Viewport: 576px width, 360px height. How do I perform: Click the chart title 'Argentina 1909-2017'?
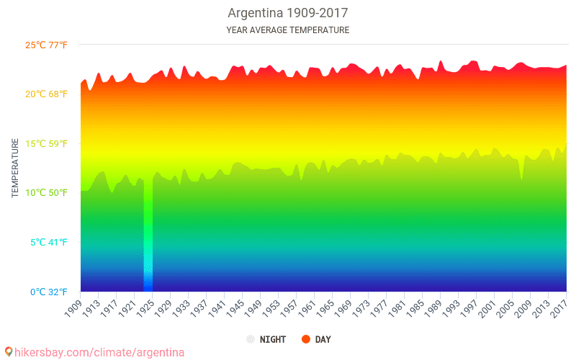(x=287, y=14)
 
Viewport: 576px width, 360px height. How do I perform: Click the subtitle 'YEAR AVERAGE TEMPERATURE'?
(x=287, y=30)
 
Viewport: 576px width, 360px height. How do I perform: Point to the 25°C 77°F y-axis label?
(x=47, y=45)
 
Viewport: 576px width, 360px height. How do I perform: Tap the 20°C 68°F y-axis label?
(x=47, y=94)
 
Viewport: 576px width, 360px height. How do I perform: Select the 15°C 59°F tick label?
(x=47, y=143)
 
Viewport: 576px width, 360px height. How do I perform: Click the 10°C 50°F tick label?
(x=47, y=193)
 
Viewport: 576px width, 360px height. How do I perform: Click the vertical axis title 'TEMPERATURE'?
(x=14, y=168)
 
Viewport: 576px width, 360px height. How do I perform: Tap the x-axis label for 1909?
(x=73, y=307)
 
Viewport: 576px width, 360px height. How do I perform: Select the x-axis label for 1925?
(x=145, y=307)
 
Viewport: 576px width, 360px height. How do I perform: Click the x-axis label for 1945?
(x=235, y=307)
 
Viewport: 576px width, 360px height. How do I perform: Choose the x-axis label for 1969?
(x=343, y=307)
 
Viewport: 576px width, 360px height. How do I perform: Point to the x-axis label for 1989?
(x=433, y=307)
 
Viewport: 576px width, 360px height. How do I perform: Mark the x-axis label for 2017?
(x=559, y=307)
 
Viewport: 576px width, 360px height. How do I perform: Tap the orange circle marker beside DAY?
(x=306, y=339)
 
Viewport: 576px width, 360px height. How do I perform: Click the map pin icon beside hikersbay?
(x=9, y=351)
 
